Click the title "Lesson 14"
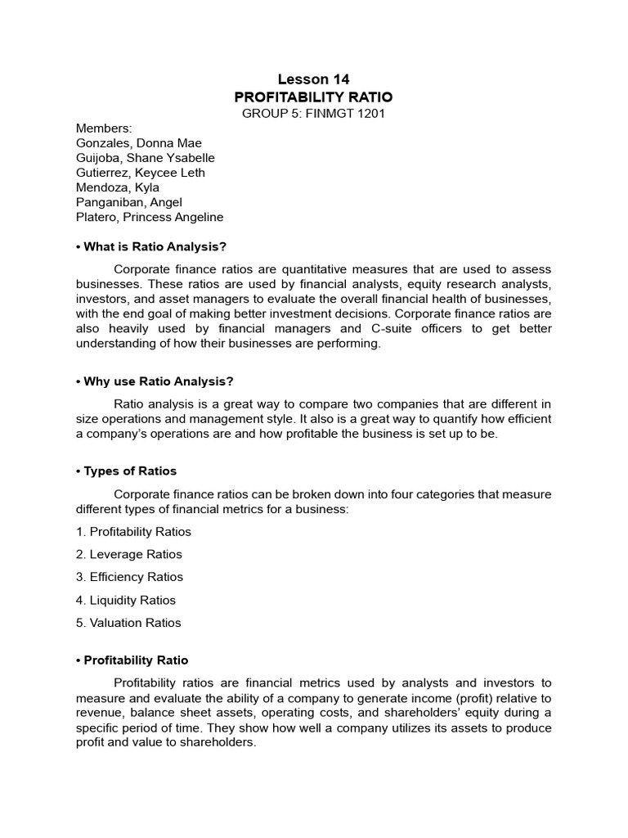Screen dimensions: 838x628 pyautogui.click(x=313, y=79)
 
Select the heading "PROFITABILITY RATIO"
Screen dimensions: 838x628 pyautogui.click(x=313, y=97)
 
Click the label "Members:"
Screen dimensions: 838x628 pyautogui.click(x=103, y=128)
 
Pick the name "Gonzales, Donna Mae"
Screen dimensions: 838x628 pyautogui.click(x=138, y=143)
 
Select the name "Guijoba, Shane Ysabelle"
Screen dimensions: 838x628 pyautogui.click(x=146, y=158)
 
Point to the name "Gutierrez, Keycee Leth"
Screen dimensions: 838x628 pyautogui.click(x=141, y=173)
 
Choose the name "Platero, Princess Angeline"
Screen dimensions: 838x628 pyautogui.click(x=149, y=217)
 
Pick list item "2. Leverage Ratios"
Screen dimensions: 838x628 pyautogui.click(x=129, y=554)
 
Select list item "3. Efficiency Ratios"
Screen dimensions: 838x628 pyautogui.click(x=129, y=577)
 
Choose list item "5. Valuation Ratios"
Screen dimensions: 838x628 pyautogui.click(x=128, y=623)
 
